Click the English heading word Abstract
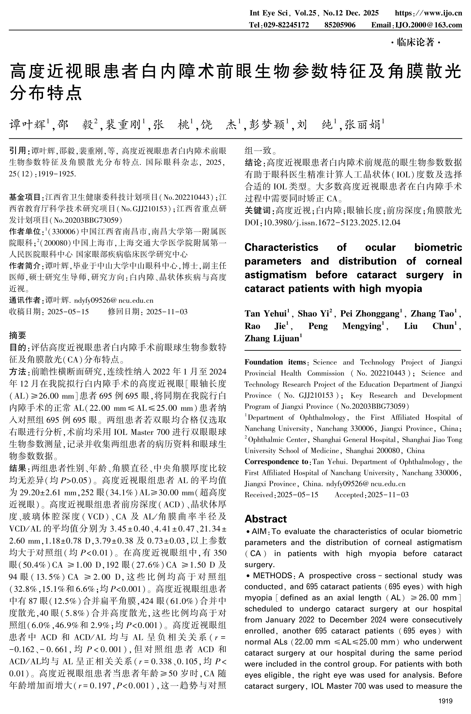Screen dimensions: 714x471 tap(266, 519)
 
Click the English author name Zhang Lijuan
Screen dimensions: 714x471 tap(272, 339)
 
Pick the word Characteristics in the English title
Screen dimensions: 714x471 tap(281, 247)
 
